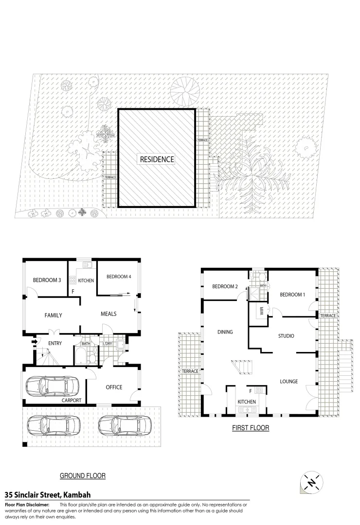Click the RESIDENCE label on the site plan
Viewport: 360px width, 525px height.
click(x=157, y=159)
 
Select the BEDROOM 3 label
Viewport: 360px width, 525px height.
click(x=47, y=280)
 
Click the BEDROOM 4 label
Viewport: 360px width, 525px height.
click(x=119, y=277)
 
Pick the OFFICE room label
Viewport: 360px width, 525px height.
click(x=114, y=387)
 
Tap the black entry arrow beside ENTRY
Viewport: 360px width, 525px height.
click(x=34, y=342)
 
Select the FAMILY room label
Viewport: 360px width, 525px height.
click(x=53, y=315)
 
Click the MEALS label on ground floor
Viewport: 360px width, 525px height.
click(x=108, y=314)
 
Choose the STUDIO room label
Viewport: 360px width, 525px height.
click(x=286, y=336)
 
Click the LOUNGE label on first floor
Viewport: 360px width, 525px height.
click(x=288, y=382)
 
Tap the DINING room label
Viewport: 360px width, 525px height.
click(x=225, y=332)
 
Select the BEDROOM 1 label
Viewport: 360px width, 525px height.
click(x=292, y=295)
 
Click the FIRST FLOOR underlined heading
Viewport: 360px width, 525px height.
click(x=251, y=428)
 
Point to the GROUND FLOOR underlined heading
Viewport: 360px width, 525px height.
click(x=82, y=475)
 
